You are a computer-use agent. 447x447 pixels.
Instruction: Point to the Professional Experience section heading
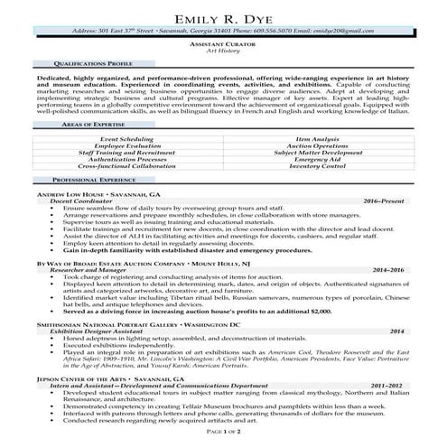[x=86, y=206]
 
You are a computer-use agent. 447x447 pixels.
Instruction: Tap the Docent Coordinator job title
[x=82, y=226]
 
